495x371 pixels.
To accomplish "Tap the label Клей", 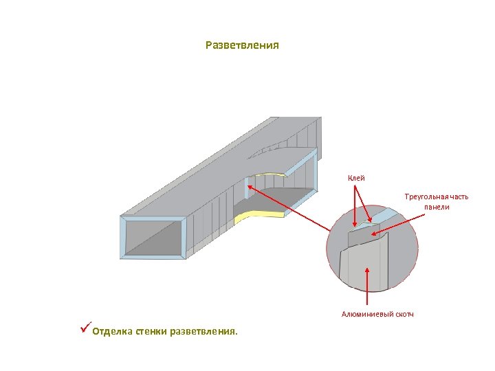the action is tap(356, 179).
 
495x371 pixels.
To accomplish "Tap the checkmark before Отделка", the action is tap(85, 329).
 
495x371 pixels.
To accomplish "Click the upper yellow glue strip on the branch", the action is tap(272, 173).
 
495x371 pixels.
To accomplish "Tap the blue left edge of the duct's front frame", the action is tap(123, 238).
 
